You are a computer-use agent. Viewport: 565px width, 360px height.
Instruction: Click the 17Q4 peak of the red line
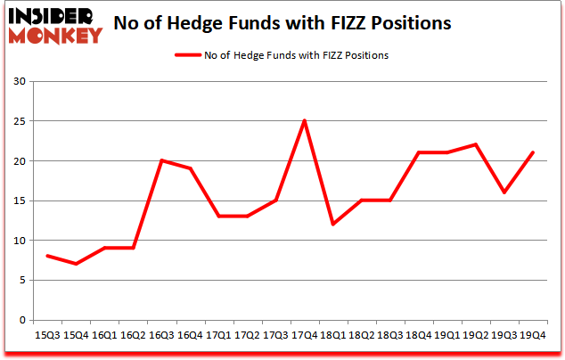(304, 121)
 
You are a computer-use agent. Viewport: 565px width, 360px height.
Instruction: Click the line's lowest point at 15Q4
(77, 264)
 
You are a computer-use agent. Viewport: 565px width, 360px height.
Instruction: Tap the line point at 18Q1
(332, 225)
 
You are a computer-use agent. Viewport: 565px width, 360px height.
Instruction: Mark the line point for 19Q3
(504, 192)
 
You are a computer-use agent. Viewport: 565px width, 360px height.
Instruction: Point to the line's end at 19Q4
(532, 152)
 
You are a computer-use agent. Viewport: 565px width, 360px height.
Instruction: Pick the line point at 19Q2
(475, 144)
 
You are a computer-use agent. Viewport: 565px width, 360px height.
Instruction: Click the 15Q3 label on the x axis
(48, 336)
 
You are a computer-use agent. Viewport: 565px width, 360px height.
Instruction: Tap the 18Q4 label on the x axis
(418, 336)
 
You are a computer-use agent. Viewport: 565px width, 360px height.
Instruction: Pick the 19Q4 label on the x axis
(532, 336)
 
